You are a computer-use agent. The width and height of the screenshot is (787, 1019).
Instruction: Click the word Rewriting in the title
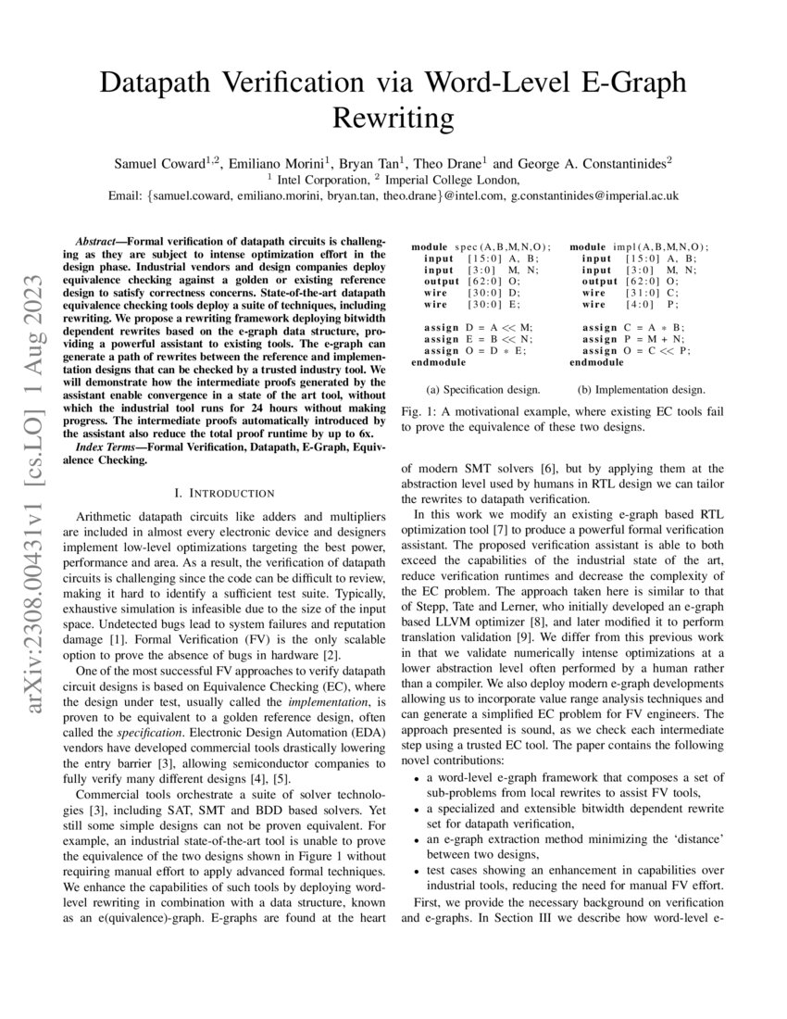pyautogui.click(x=393, y=119)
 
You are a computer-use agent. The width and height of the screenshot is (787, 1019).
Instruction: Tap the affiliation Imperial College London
pyautogui.click(x=451, y=180)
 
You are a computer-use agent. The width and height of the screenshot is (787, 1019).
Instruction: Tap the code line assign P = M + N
pyautogui.click(x=635, y=339)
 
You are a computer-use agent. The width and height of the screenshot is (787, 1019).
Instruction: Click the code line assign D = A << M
pyautogui.click(x=475, y=327)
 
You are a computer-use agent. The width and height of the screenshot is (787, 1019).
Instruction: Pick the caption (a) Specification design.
pyautogui.click(x=482, y=390)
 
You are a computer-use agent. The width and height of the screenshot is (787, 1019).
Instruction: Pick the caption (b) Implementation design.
pyautogui.click(x=641, y=390)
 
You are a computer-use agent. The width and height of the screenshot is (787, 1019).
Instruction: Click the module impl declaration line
pyautogui.click(x=639, y=246)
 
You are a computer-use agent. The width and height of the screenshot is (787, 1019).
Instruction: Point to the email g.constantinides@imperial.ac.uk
pyautogui.click(x=594, y=196)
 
